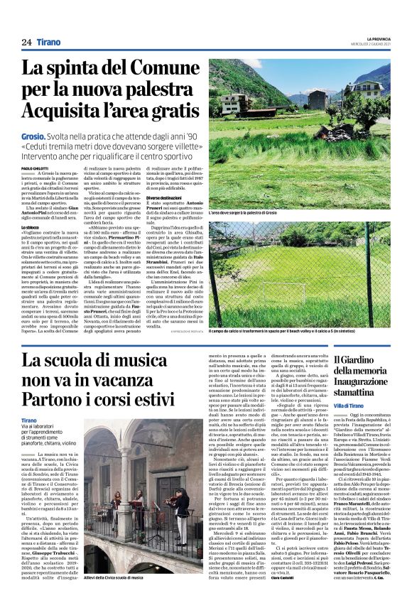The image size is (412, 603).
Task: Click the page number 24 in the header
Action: pos(26,42)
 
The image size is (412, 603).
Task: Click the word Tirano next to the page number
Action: pos(49,42)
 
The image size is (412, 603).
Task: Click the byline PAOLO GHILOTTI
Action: pos(35,168)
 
